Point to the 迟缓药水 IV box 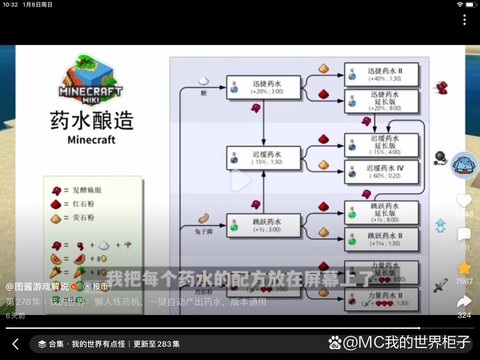coord(379,171)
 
